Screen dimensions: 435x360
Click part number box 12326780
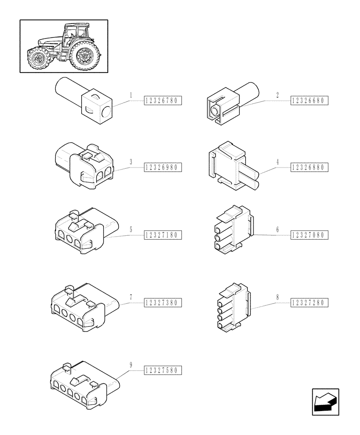163,101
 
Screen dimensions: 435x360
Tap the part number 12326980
163,167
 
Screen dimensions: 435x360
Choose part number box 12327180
163,235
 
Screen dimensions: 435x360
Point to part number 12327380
163,302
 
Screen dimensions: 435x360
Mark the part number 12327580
163,371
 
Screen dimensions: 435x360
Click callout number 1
130,94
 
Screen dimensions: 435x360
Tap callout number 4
277,161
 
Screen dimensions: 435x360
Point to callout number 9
130,364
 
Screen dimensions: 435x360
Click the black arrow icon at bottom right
325,402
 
